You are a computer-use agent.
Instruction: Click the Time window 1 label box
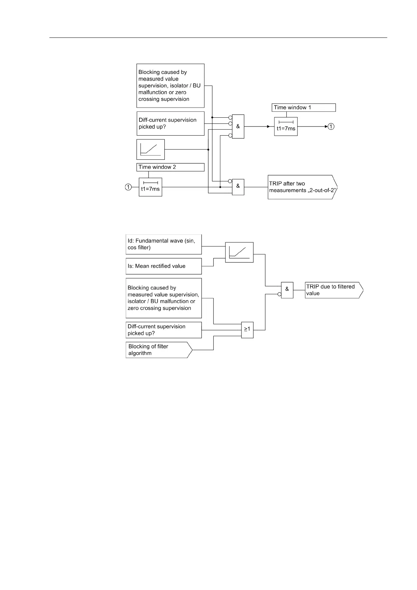coord(303,108)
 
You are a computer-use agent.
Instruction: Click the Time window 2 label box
coord(170,167)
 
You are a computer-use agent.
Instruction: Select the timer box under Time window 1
coord(286,126)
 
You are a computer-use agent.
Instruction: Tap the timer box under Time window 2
coord(150,187)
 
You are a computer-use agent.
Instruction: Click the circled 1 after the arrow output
coord(331,126)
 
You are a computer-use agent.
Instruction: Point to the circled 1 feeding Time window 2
coord(128,187)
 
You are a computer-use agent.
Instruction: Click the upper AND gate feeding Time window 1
coord(238,126)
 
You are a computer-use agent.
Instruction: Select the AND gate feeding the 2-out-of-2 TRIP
coord(238,187)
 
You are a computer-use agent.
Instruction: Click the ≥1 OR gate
coord(247,330)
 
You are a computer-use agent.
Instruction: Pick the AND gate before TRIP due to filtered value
coord(287,290)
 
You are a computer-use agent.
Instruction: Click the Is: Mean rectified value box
coord(164,266)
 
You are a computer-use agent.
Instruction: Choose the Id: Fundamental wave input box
coord(164,244)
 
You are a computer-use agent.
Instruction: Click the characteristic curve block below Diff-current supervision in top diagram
coord(150,149)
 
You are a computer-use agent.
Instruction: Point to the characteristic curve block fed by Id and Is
coord(239,252)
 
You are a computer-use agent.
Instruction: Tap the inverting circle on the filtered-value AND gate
coord(279,294)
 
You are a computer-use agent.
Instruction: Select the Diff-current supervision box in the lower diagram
coord(164,330)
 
